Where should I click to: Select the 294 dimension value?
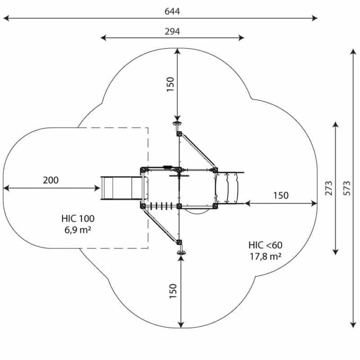pyautogui.click(x=172, y=31)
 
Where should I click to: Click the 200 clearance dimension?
pyautogui.click(x=51, y=181)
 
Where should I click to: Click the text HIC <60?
pyautogui.click(x=265, y=245)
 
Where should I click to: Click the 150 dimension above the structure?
pyautogui.click(x=170, y=85)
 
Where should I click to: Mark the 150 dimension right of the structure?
pyautogui.click(x=281, y=195)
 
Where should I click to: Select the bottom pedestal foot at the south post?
pyautogui.click(x=182, y=254)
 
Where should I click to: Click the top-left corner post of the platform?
pyautogui.click(x=143, y=169)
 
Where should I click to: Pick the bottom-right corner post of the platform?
pyautogui.click(x=215, y=206)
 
